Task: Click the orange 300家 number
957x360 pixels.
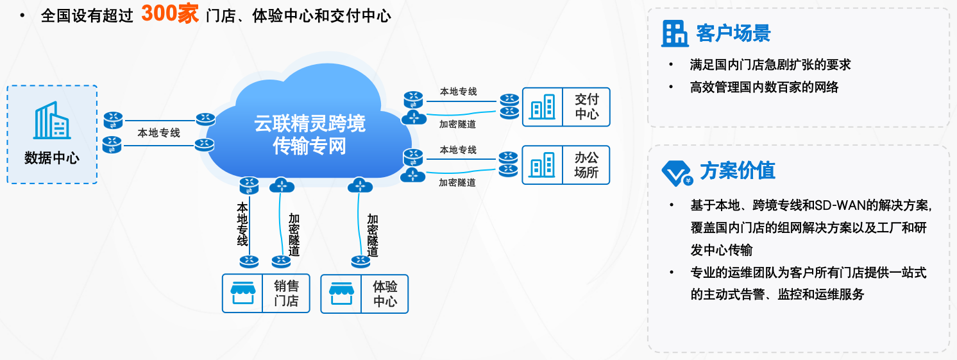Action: pyautogui.click(x=170, y=13)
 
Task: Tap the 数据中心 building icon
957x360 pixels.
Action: pyautogui.click(x=51, y=121)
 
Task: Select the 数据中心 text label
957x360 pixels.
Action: pyautogui.click(x=51, y=158)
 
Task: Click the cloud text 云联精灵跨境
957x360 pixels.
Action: pyautogui.click(x=310, y=123)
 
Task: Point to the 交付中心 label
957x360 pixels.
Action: pyautogui.click(x=586, y=107)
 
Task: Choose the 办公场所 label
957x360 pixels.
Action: pyautogui.click(x=586, y=164)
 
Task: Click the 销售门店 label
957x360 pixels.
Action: pyautogui.click(x=286, y=293)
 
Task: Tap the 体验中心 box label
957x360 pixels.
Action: pyautogui.click(x=385, y=293)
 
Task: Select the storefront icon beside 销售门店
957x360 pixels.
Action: pyautogui.click(x=243, y=294)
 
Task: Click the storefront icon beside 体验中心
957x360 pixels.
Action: pyautogui.click(x=341, y=294)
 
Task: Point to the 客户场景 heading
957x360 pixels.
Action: pyautogui.click(x=733, y=33)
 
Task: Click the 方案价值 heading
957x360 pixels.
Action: pyautogui.click(x=738, y=171)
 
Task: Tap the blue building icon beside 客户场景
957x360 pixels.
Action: pyautogui.click(x=675, y=33)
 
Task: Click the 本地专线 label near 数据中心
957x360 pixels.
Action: pyautogui.click(x=158, y=133)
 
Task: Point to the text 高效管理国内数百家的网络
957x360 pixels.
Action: pyautogui.click(x=764, y=87)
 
